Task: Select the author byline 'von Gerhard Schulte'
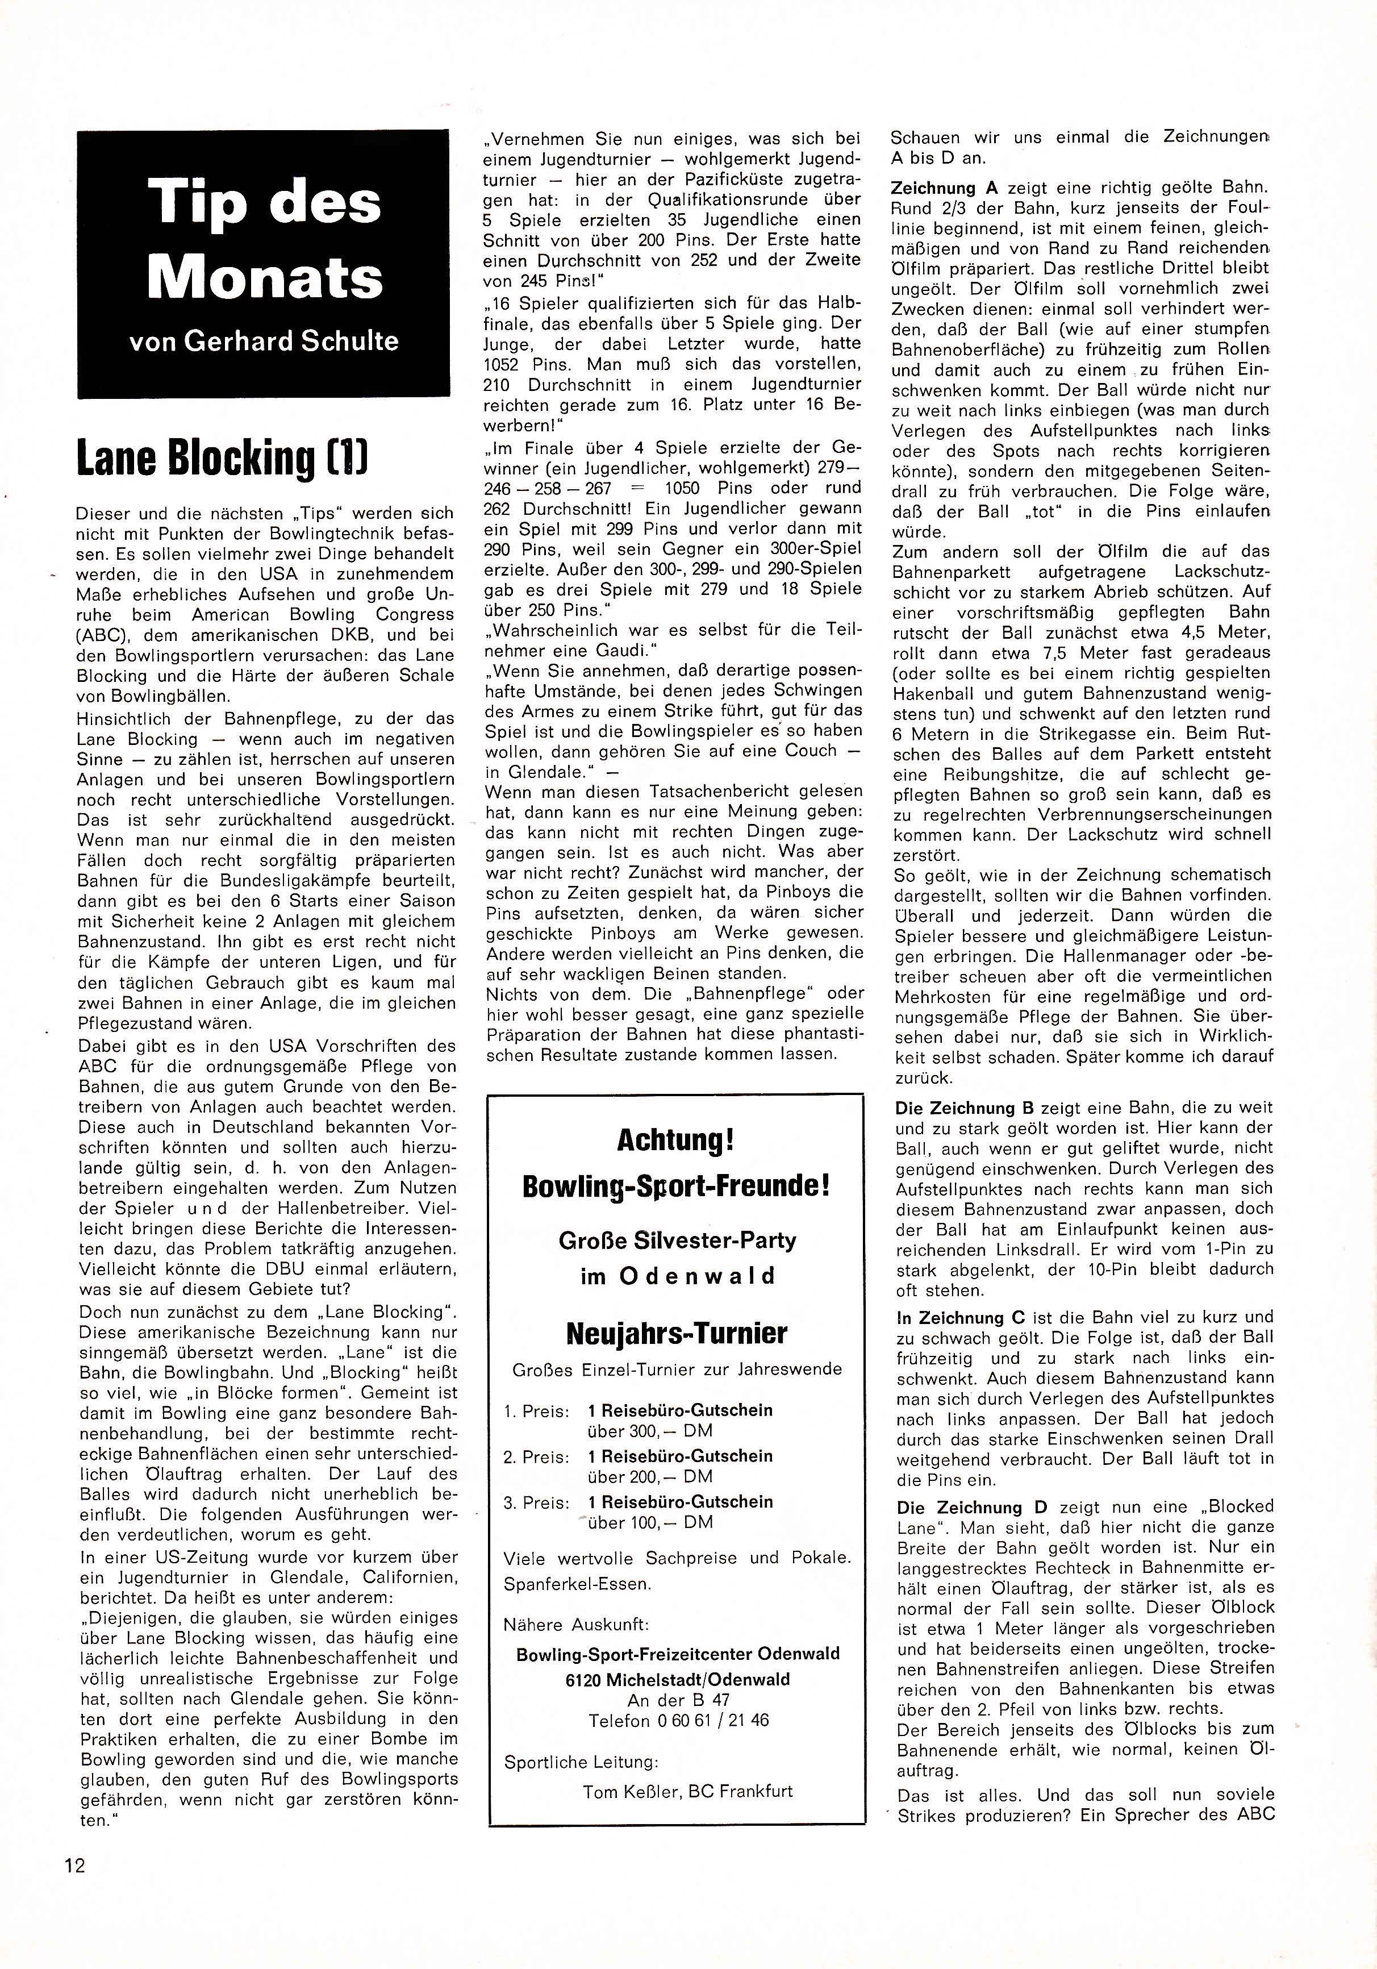click(x=264, y=342)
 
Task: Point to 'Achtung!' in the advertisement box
click(x=675, y=1142)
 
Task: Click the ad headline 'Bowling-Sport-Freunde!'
click(x=675, y=1187)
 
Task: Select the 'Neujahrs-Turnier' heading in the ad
click(x=677, y=1334)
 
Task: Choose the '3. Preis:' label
click(x=536, y=1502)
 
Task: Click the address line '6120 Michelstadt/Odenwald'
click(x=677, y=1679)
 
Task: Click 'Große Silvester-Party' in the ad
click(x=677, y=1241)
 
